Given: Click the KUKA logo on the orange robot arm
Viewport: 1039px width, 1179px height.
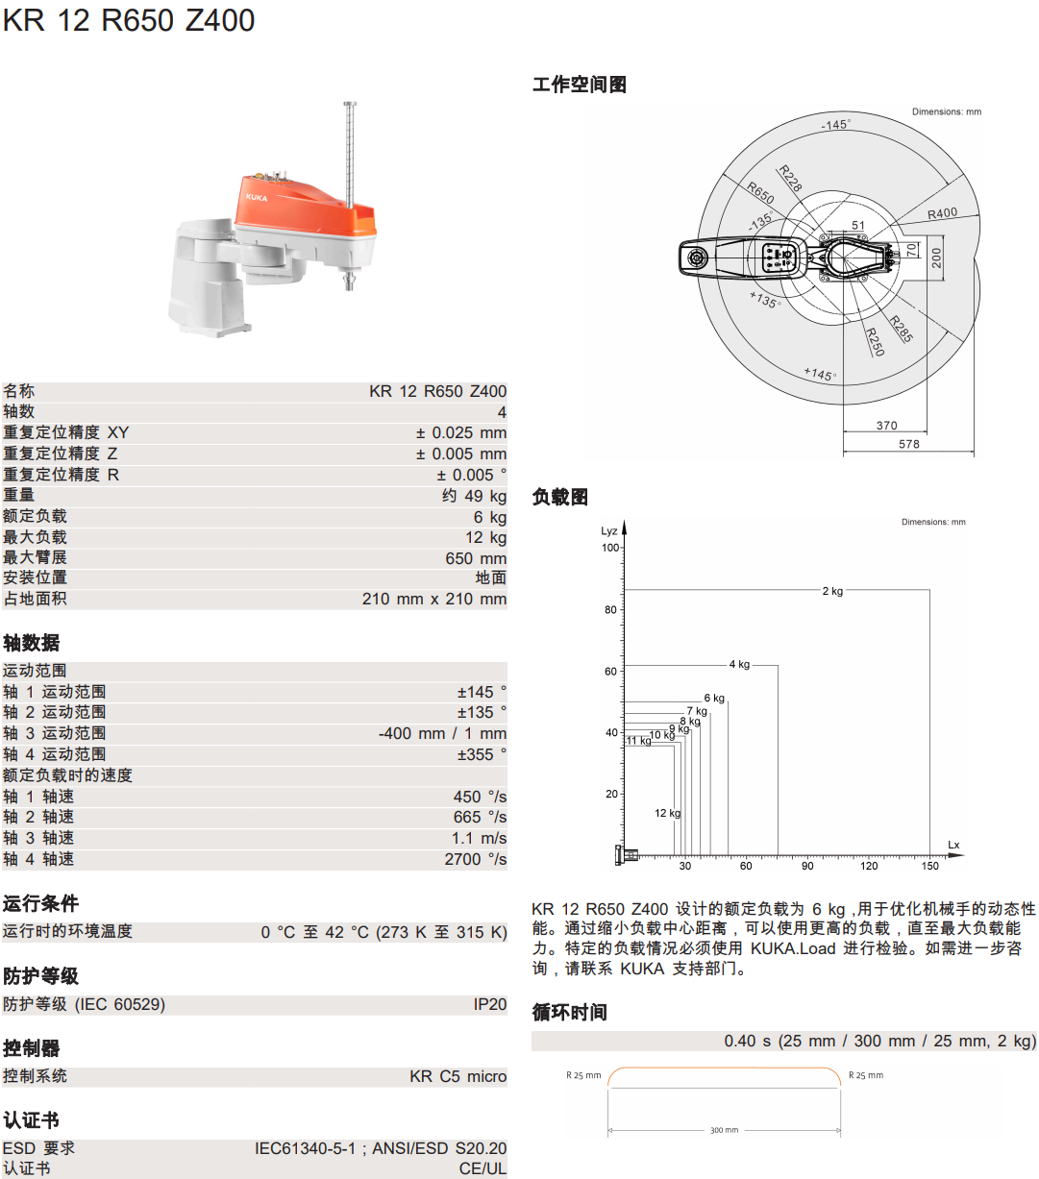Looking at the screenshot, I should [257, 197].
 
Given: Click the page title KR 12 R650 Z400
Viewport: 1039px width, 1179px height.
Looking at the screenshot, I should [129, 20].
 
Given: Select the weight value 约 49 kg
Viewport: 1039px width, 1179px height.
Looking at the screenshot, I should [474, 496].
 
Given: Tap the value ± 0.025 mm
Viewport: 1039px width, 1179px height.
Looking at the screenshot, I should [460, 433].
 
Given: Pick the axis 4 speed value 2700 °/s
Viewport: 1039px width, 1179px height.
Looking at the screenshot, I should [475, 859].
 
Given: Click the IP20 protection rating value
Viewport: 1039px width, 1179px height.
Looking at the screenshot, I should [489, 1004].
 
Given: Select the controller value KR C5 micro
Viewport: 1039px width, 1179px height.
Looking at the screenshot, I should [458, 1076].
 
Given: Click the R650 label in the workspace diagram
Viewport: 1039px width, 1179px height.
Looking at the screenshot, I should [760, 192].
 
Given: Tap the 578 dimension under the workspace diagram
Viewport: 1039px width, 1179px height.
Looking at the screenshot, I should [908, 444].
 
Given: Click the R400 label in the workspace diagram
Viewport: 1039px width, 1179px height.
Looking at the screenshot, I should [942, 213].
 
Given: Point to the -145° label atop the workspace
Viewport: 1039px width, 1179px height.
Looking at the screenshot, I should [835, 125].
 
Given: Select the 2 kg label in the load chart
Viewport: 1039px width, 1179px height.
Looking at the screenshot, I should [832, 591].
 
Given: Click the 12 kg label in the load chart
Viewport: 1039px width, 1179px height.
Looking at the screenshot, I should [667, 813].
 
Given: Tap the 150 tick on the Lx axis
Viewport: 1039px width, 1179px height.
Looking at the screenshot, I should [929, 866].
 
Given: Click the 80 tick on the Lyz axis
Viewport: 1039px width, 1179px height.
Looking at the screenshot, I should [610, 609].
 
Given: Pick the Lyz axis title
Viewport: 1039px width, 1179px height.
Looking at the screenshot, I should [609, 530].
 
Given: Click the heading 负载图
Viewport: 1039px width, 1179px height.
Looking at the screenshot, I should [559, 497].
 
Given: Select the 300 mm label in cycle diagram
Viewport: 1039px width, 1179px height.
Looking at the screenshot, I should [724, 1130].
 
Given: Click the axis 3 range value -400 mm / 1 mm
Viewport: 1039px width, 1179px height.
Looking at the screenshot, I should [442, 733].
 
